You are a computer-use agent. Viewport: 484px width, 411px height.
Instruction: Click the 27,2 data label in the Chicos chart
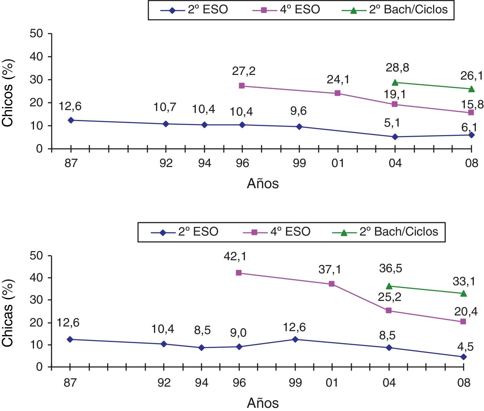coord(243,71)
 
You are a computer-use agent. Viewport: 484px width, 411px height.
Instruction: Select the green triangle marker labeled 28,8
coord(395,83)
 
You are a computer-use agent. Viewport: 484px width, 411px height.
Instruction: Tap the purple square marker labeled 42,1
coord(239,273)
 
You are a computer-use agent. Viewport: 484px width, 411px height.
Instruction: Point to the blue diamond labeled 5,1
coord(395,137)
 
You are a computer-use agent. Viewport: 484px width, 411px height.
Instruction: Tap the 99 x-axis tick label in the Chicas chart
coord(295,383)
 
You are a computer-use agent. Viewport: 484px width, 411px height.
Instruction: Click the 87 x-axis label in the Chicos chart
coord(71,163)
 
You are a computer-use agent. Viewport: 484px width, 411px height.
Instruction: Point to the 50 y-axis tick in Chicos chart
coord(36,34)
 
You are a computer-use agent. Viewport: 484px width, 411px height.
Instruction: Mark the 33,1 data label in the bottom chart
coord(464,281)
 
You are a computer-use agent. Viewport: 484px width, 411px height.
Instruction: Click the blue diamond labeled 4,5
coord(463,357)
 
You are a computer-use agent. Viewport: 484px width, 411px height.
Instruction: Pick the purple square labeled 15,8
coord(471,112)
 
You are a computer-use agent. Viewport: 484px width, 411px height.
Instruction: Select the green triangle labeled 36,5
coord(389,286)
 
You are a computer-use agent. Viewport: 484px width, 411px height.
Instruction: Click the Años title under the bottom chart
coord(263,403)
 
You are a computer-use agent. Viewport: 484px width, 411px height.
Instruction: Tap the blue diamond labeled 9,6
coord(299,127)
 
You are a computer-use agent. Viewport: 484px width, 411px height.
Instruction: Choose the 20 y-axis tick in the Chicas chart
coord(36,322)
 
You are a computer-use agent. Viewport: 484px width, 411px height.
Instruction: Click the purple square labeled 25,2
coord(389,311)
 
